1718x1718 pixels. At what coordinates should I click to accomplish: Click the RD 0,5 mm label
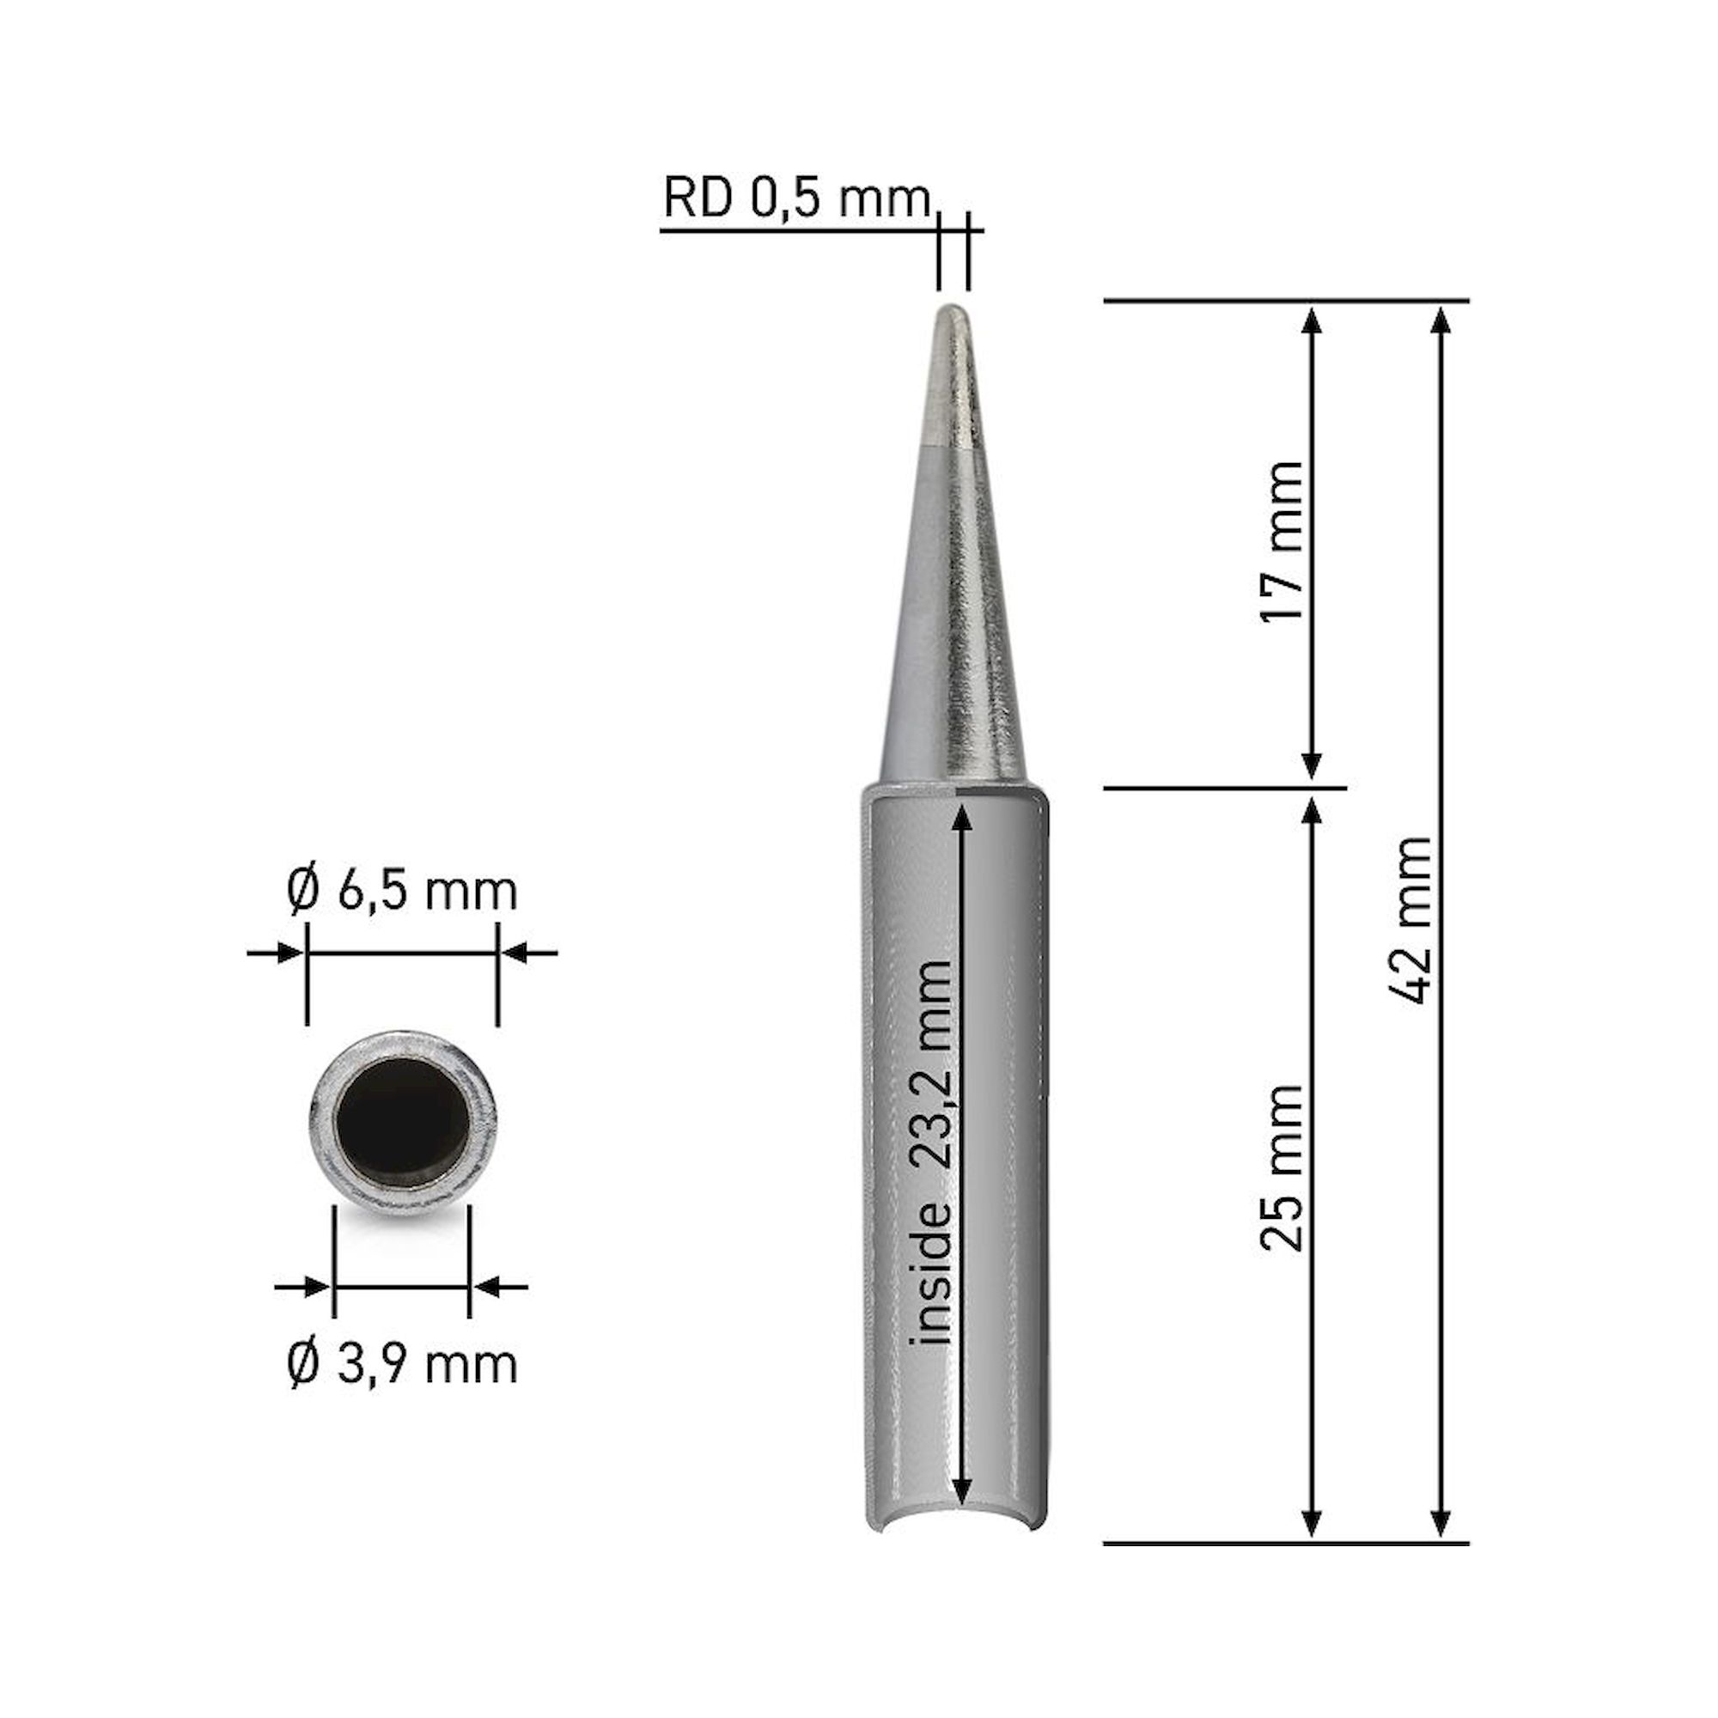(796, 198)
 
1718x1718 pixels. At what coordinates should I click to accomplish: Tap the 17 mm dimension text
(1283, 541)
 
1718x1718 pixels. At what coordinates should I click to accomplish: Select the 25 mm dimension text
(1283, 1167)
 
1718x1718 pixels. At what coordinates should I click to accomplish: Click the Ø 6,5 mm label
(402, 891)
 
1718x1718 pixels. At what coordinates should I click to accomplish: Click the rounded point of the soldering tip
(953, 312)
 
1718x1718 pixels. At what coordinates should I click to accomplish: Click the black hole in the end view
(403, 1124)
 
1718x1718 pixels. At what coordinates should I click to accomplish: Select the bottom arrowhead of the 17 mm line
(1312, 765)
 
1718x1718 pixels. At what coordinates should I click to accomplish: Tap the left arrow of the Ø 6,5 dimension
(289, 953)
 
